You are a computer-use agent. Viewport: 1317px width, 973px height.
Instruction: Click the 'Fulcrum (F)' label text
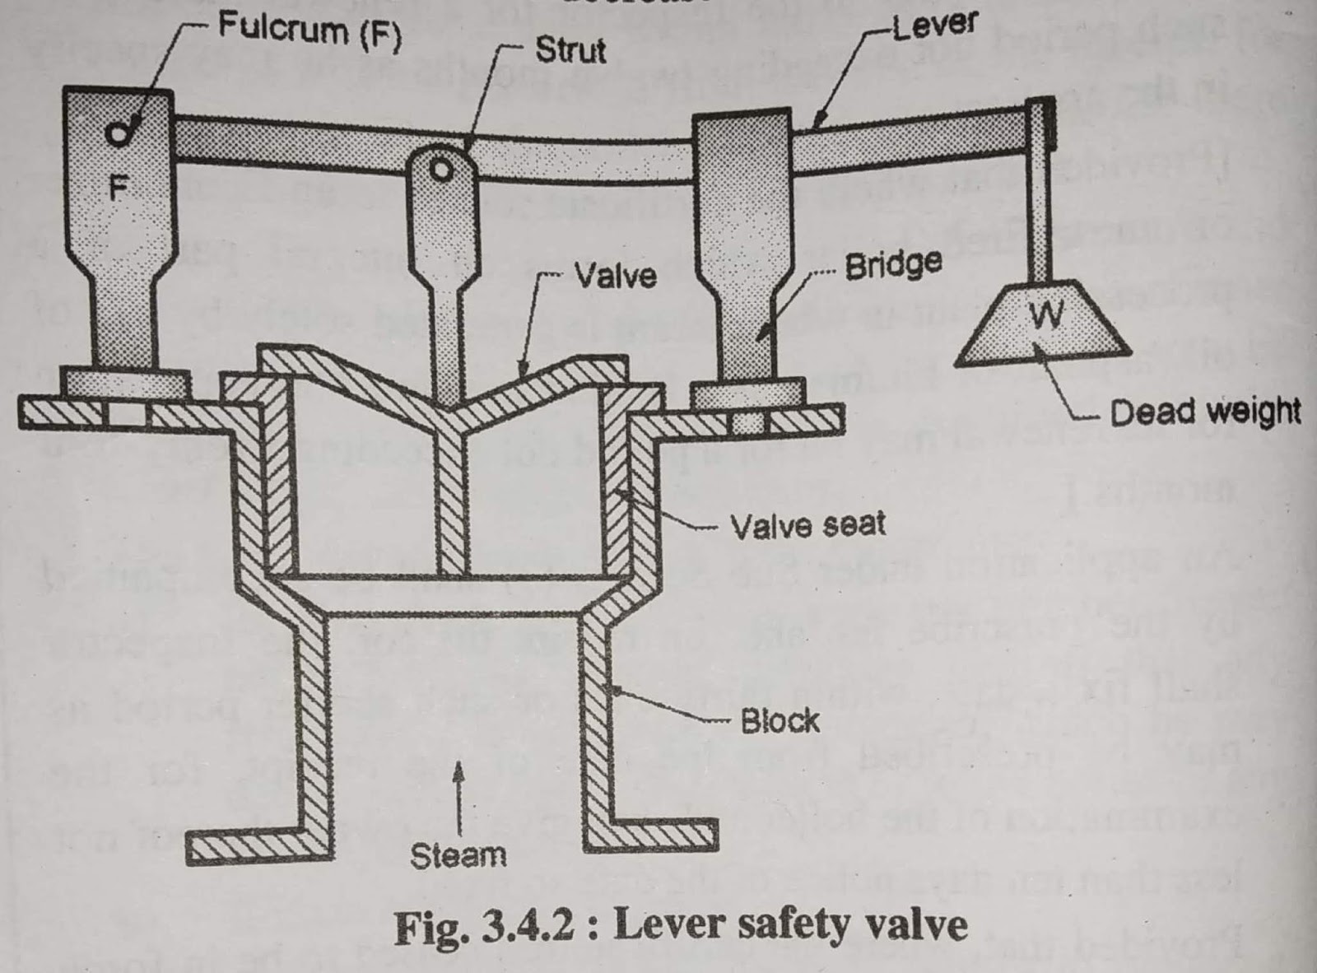point(309,30)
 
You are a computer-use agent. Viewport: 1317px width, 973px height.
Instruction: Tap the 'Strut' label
point(570,50)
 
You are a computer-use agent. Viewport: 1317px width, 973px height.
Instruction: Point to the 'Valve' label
point(615,275)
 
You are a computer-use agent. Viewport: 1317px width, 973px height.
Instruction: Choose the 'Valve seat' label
point(807,524)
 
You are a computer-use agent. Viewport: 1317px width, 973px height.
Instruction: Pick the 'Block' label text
point(779,721)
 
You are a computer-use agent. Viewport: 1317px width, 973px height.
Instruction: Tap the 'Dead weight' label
point(1205,412)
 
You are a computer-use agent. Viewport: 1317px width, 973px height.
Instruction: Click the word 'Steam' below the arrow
point(458,855)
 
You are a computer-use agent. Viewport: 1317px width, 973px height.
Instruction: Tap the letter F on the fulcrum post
point(119,189)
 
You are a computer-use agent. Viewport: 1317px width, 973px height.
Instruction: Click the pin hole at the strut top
point(441,170)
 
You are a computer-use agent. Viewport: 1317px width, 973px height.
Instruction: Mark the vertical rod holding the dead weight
point(1040,214)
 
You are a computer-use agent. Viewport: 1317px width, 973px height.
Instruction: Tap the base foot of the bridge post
point(747,393)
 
